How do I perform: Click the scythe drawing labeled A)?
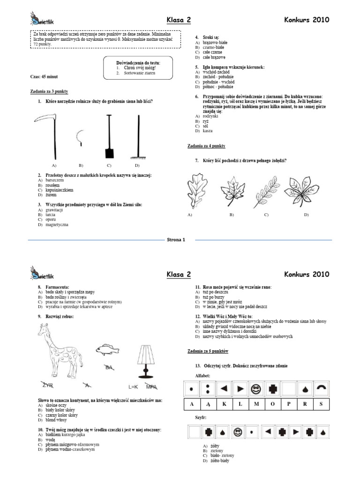51,136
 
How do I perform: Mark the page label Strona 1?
176,240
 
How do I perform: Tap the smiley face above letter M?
256,389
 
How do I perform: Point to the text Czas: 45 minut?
44,76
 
